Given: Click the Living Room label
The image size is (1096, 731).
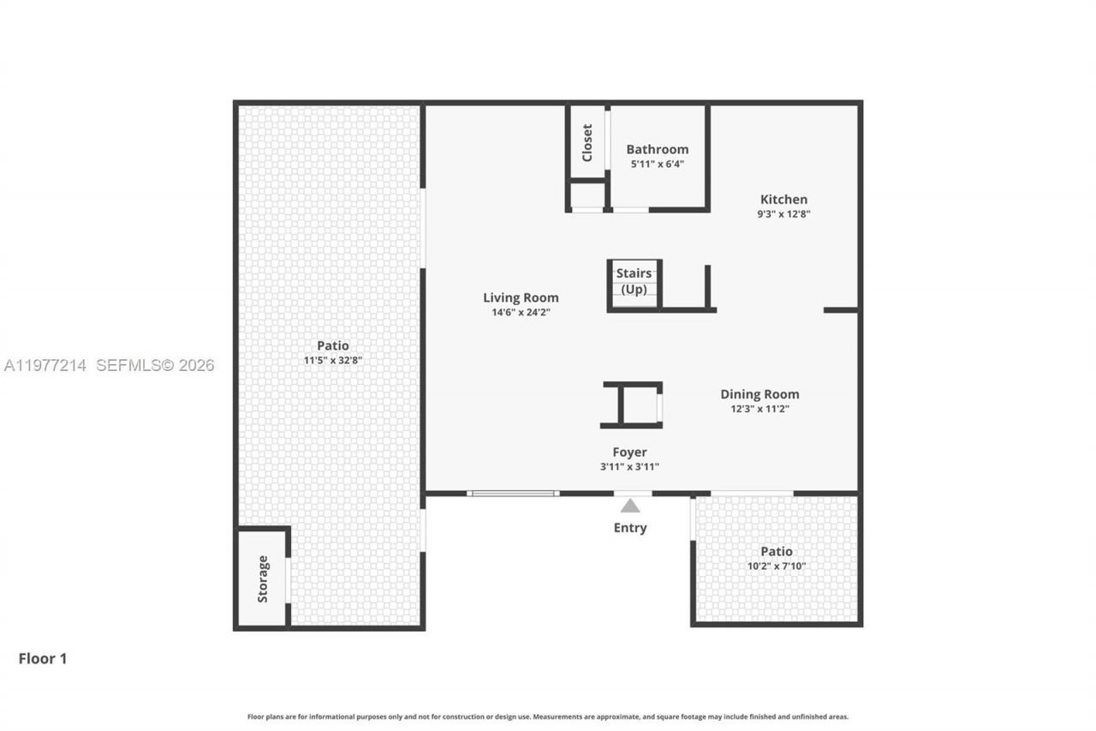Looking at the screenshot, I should tap(521, 297).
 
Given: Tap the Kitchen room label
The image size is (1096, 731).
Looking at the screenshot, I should tap(783, 200).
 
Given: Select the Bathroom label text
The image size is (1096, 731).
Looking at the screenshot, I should tap(657, 149).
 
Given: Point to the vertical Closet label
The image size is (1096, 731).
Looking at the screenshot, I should tap(587, 142).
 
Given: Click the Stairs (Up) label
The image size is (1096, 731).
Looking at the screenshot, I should tap(634, 281).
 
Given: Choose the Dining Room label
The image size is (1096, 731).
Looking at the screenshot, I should tap(759, 394).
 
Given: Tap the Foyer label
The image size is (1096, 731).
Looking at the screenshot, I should tap(629, 452).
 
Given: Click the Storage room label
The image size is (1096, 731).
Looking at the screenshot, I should tap(263, 578).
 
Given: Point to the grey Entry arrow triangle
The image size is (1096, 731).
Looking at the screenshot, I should tap(630, 506).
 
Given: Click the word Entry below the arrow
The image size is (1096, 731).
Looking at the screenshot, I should tap(630, 528).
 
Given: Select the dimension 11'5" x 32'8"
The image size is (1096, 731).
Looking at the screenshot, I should tap(333, 361).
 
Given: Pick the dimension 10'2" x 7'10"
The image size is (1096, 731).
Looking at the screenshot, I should tap(777, 566).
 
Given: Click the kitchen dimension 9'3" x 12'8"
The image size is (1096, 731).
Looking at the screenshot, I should tap(783, 214).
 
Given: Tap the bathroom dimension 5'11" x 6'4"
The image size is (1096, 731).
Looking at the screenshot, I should tap(658, 164).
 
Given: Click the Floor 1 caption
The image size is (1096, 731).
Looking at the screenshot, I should tap(43, 658).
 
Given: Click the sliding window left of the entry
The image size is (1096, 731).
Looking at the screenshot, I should tap(513, 494).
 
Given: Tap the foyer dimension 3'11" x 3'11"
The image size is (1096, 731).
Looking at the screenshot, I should tap(629, 467).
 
